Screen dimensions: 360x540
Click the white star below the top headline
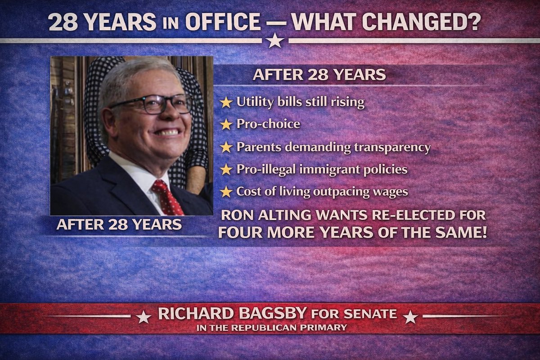point(274,41)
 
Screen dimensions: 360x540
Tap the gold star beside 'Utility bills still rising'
point(226,103)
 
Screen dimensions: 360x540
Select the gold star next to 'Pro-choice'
point(226,125)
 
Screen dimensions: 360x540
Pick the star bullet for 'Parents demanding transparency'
point(226,147)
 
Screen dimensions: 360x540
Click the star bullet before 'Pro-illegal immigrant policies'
point(226,170)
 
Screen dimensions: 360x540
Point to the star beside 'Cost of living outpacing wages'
point(226,192)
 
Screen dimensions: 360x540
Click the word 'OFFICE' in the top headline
point(223,22)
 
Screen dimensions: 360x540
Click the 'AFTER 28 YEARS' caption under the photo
point(119,225)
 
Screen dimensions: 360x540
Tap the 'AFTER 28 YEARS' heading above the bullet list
point(319,75)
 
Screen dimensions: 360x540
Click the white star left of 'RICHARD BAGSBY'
point(143,317)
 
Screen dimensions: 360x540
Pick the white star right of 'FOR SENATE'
point(410,317)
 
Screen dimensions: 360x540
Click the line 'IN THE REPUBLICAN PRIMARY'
point(271,328)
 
